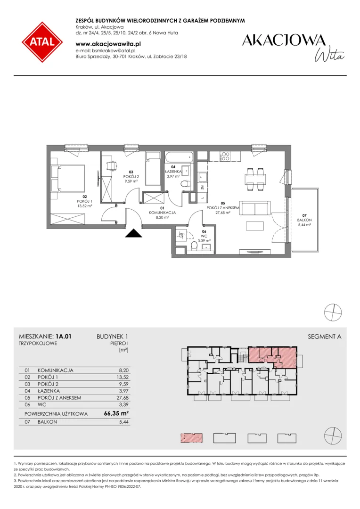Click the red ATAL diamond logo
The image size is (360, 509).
tap(42, 42)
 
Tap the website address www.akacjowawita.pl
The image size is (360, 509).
tap(108, 43)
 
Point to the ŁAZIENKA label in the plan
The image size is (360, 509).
tap(173, 172)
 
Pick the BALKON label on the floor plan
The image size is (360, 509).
tap(304, 220)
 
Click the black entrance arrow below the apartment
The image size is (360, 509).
tap(134, 233)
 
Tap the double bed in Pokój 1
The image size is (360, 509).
tap(68, 178)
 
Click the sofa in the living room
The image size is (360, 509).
tap(255, 208)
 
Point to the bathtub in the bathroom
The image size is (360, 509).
tap(179, 158)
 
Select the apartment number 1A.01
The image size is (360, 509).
tap(63, 337)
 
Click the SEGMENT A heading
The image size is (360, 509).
tap(324, 337)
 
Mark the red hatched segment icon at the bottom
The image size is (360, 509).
tap(191, 438)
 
